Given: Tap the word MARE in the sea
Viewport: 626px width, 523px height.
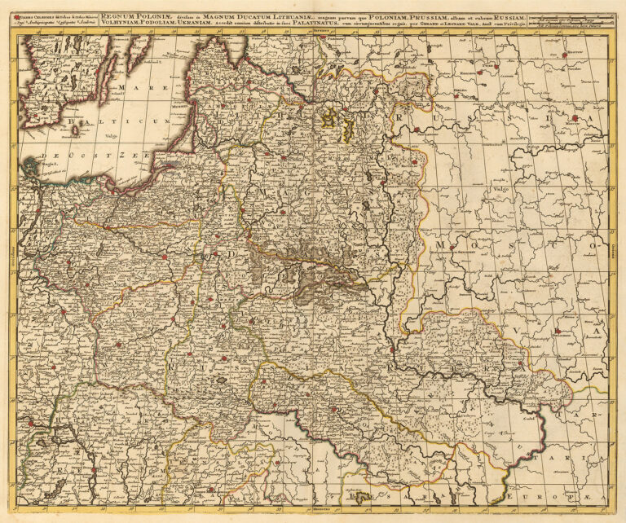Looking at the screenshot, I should [130, 87].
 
